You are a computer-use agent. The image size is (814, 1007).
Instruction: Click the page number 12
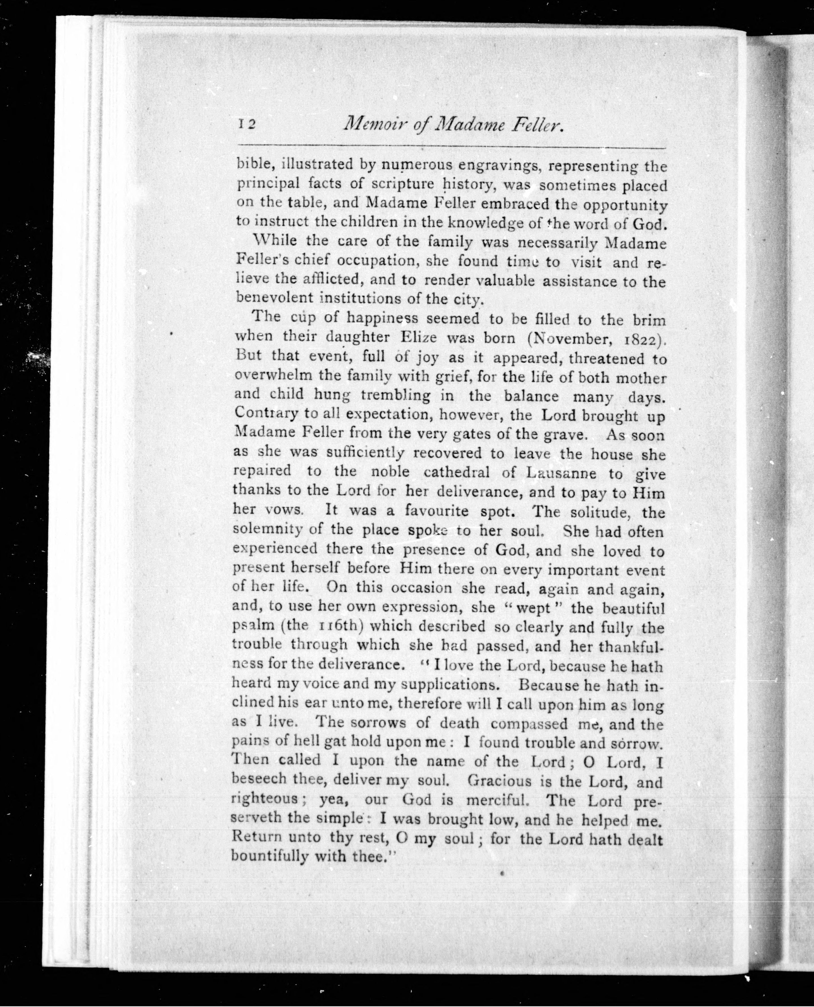(x=246, y=124)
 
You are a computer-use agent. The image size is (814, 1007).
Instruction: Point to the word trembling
(x=396, y=395)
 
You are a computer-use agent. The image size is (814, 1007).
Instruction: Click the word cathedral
(x=456, y=472)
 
